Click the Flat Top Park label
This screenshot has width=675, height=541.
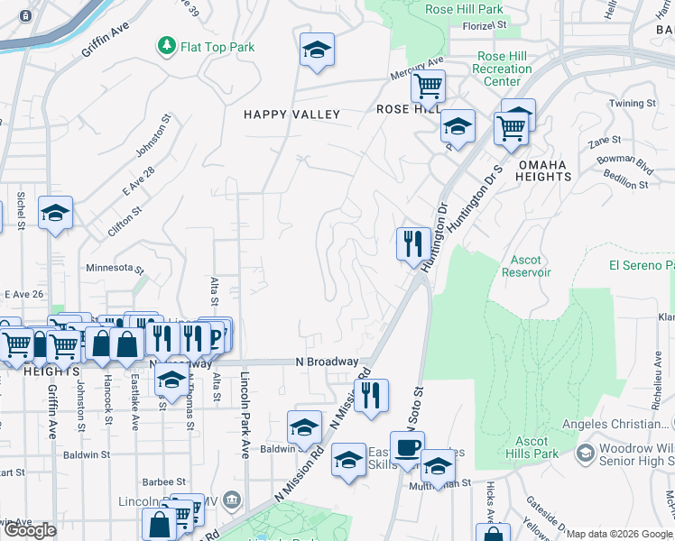[x=217, y=47]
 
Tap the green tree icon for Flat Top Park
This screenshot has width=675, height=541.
[x=166, y=45]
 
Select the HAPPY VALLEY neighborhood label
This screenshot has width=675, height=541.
[x=291, y=115]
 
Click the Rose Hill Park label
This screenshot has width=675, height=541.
[x=465, y=10]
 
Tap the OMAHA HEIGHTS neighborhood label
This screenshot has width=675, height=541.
[x=544, y=170]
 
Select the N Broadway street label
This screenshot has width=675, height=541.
[x=327, y=362]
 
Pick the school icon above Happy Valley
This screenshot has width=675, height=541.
[x=317, y=50]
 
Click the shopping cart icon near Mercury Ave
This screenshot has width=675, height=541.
[x=428, y=87]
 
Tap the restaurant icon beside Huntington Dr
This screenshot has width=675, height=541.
[x=412, y=243]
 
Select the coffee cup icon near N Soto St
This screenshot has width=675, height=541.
[x=406, y=447]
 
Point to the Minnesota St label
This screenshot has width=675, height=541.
[x=115, y=268]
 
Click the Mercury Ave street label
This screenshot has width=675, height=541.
[x=417, y=67]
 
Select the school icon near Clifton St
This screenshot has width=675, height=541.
[x=55, y=213]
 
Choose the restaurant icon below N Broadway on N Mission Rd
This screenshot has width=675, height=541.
[x=370, y=395]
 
